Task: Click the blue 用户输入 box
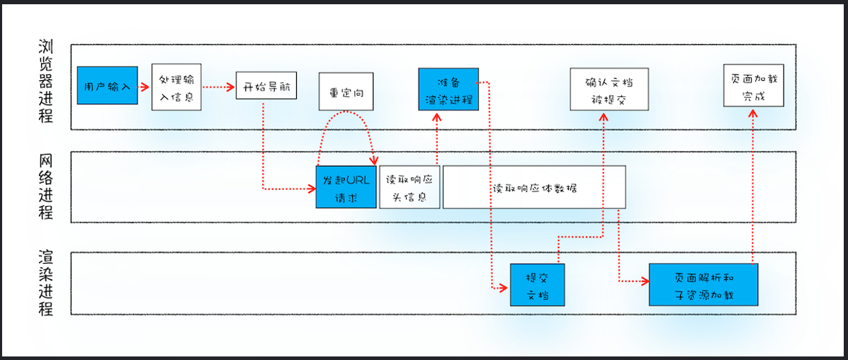106,86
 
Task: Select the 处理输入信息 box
177,86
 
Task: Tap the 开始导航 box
266,87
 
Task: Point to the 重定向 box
346,91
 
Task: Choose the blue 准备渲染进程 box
448,89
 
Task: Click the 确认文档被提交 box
609,89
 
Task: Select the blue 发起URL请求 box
346,187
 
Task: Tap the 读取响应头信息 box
409,187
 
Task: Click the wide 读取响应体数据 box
534,187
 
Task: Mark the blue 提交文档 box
537,285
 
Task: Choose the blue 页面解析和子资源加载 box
703,284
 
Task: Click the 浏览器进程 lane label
46,81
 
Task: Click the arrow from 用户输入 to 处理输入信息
142,87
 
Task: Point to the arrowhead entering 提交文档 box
504,287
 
